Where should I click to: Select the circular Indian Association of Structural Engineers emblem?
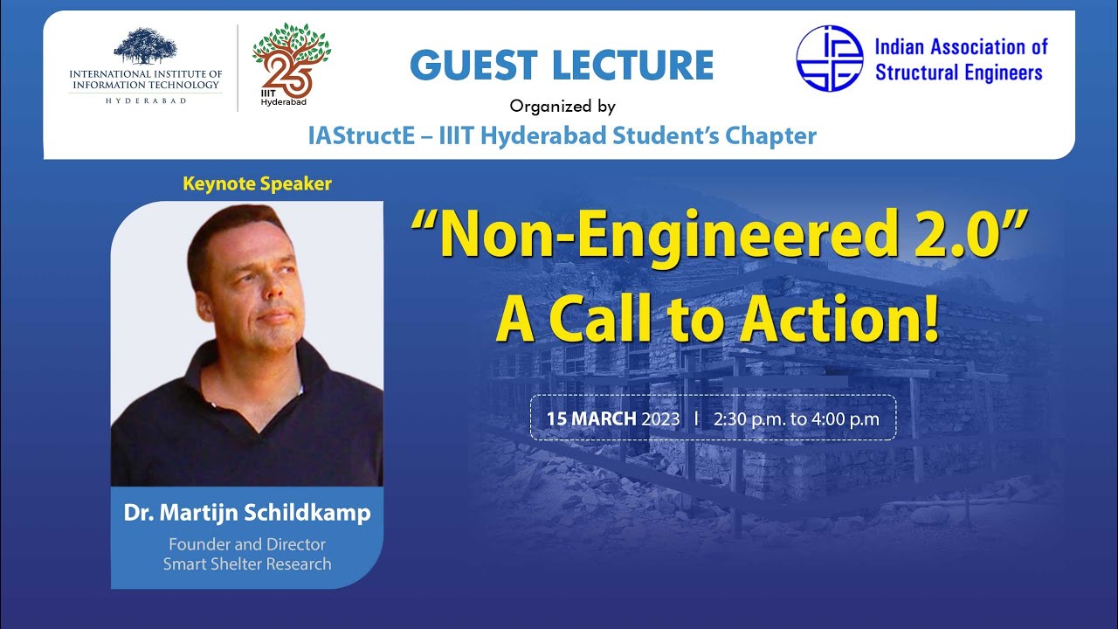[829, 58]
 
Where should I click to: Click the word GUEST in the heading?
[473, 66]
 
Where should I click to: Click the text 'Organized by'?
[562, 107]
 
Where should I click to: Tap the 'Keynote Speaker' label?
[257, 184]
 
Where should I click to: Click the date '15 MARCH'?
[591, 418]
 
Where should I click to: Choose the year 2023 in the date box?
[660, 418]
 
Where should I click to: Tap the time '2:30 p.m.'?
[750, 418]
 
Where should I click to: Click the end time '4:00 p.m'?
[845, 418]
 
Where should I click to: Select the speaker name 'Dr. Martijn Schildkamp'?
[247, 514]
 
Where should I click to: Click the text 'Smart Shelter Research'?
[247, 564]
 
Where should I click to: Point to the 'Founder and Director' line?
[247, 544]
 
